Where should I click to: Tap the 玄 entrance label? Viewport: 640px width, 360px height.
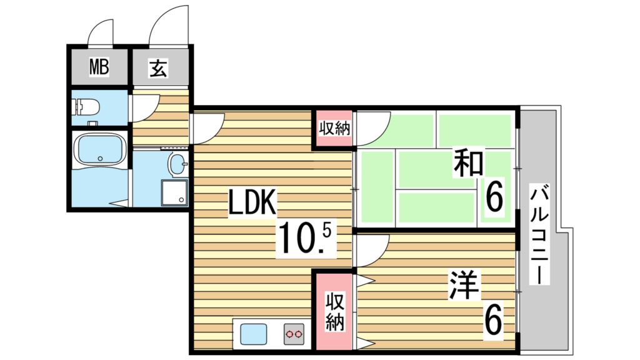pyautogui.click(x=159, y=68)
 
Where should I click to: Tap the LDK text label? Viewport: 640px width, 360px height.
pyautogui.click(x=251, y=204)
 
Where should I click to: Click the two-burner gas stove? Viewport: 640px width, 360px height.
pyautogui.click(x=294, y=335)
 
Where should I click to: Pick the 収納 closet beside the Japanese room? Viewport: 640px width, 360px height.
pyautogui.click(x=334, y=129)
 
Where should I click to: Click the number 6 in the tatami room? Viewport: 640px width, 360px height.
pyautogui.click(x=493, y=199)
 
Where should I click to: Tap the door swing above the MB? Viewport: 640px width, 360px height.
pyautogui.click(x=102, y=32)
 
